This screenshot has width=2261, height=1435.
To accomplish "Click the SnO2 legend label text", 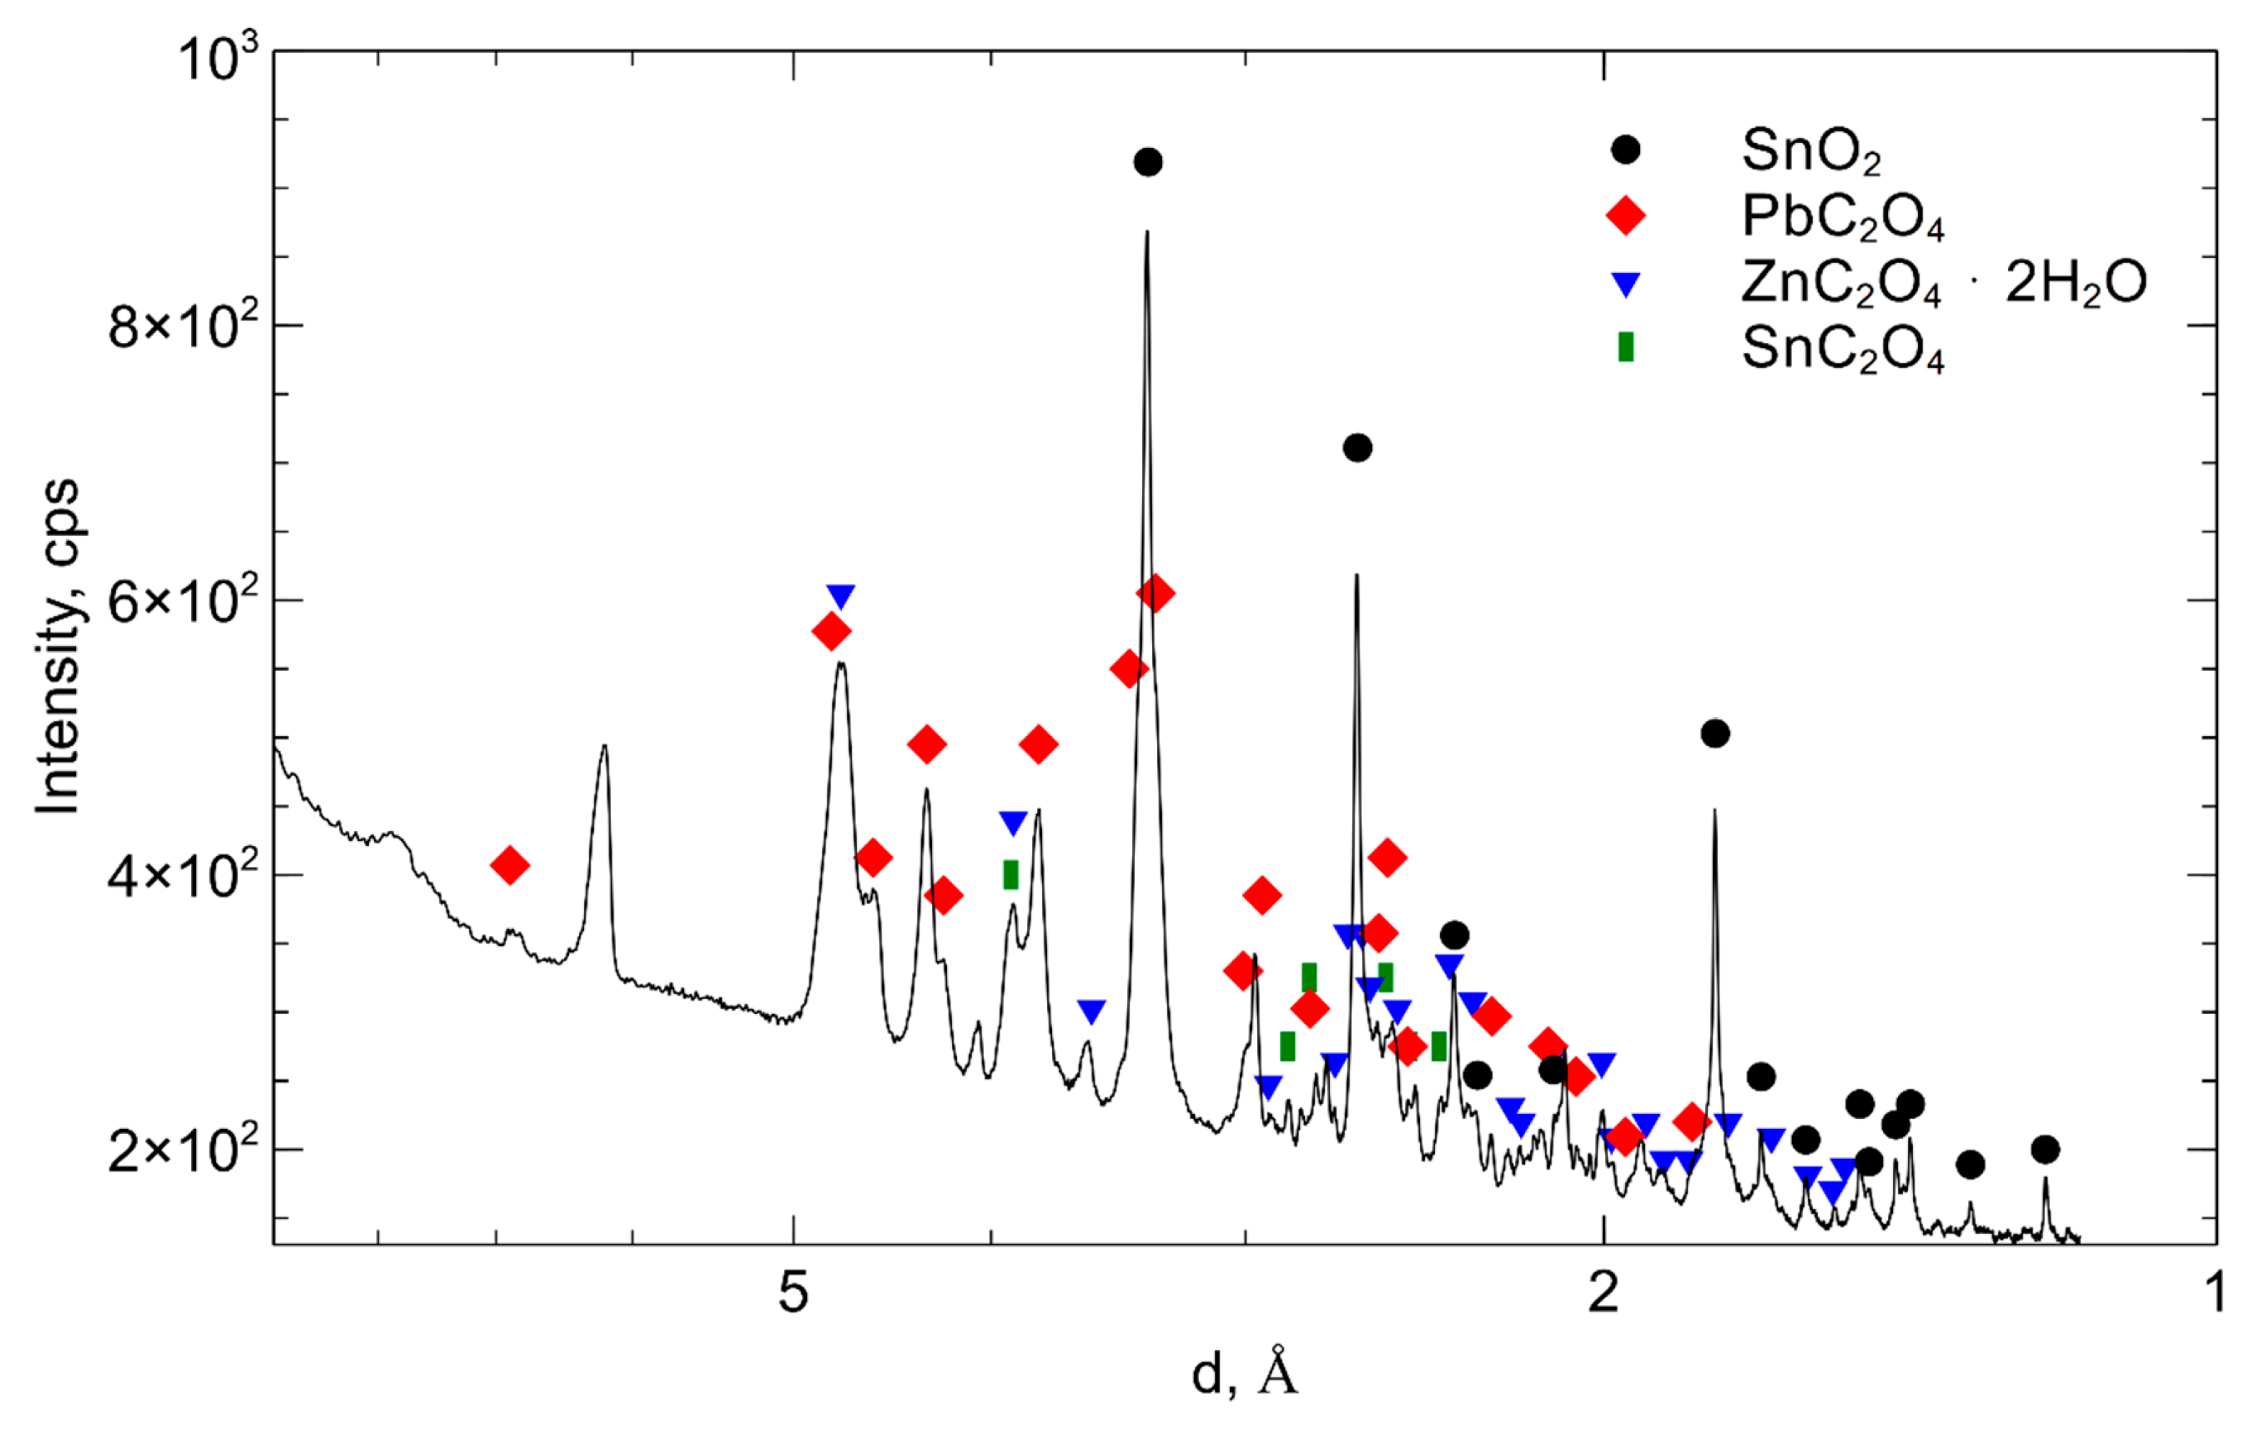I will click(1810, 151).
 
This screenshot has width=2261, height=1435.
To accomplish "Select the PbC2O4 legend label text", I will click(1843, 217).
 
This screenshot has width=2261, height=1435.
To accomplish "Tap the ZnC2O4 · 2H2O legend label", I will click(1943, 282).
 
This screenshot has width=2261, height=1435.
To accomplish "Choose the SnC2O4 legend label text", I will click(1843, 349).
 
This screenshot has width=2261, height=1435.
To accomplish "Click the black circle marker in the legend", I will click(1625, 151).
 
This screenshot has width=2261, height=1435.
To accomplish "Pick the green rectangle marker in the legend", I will click(1625, 347).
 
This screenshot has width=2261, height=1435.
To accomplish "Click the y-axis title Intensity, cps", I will click(58, 648).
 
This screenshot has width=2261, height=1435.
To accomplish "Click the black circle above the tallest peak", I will click(1147, 162).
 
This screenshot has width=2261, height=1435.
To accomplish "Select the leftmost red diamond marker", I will click(510, 865).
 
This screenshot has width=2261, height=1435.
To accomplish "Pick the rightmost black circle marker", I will click(2045, 1150).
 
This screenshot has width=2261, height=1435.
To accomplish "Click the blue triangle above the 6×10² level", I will click(840, 596).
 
